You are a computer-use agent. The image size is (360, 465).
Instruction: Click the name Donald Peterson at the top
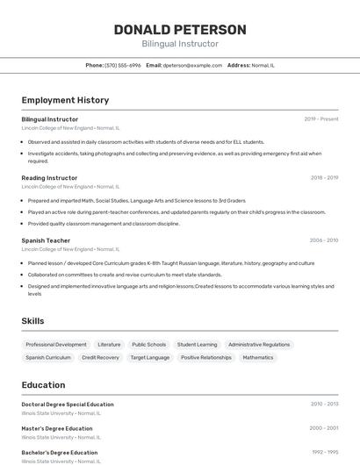pos(180,30)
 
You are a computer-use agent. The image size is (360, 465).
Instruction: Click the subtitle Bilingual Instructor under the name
pos(180,44)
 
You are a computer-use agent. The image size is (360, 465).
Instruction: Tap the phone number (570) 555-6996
pos(123,66)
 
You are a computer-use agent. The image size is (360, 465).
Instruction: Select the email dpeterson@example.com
pos(192,66)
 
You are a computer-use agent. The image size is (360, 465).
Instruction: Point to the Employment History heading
pos(65,100)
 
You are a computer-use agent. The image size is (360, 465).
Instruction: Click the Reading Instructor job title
pos(49,178)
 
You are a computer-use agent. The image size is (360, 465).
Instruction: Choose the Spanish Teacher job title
pos(46,240)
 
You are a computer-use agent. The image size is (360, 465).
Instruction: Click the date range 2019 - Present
pos(321,119)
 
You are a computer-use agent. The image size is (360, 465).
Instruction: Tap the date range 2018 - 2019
pos(324,178)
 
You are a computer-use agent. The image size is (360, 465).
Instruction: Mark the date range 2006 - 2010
pos(324,240)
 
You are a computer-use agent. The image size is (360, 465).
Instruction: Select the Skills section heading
pos(32,321)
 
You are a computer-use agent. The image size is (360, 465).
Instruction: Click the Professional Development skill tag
pos(56,345)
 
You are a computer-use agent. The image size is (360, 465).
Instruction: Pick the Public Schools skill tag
pos(149,345)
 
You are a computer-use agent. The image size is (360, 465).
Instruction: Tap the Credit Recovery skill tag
pos(100,358)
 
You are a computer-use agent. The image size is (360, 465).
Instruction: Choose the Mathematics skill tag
pos(258,358)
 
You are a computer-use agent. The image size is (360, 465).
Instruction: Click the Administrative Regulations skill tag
pos(259,345)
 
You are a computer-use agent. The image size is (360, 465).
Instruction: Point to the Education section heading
pos(43,385)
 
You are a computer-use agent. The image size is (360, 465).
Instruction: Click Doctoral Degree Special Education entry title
pos(68,404)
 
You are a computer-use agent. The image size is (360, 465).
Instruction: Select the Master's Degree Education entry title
pos(57,429)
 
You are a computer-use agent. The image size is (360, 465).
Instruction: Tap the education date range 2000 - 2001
pos(324,429)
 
